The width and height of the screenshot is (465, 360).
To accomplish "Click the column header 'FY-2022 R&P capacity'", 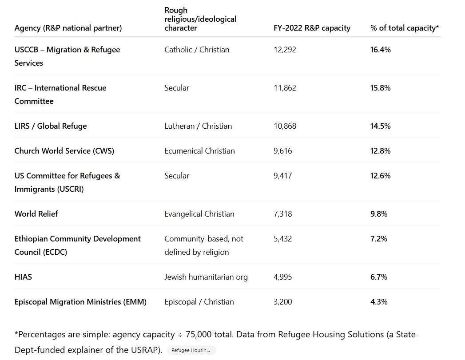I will pos(312,28).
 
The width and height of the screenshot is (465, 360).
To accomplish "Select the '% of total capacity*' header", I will pos(405,28).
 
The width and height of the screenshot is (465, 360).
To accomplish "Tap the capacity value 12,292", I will pos(285,50).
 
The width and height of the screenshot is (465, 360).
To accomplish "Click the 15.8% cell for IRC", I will pos(380,88).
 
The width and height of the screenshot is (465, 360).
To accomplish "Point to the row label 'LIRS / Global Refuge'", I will pos(51,126).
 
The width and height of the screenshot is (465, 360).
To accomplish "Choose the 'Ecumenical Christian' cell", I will pos(199,151).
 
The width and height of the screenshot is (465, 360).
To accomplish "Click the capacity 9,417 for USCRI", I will pos(283,176).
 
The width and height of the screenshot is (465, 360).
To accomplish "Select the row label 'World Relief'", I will pos(36,214).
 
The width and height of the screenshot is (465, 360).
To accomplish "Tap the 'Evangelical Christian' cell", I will pos(199,214).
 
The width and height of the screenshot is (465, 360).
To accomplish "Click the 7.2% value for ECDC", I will pos(378,239).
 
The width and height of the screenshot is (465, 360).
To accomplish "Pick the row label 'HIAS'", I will pos(23,277).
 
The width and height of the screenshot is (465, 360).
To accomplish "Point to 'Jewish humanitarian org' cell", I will pos(206,277).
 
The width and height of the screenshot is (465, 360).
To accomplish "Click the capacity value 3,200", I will pos(283,302).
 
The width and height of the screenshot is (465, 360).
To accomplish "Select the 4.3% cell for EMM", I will pos(378,302).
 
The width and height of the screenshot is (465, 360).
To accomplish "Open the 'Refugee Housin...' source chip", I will pos(191,350).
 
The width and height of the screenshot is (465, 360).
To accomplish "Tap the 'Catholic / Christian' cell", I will pos(197,50).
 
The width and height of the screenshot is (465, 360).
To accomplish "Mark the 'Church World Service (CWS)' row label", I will pos(64,151).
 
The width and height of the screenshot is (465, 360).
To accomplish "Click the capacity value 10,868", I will pos(285,126).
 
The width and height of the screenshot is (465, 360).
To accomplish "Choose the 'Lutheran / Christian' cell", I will pos(198,126).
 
